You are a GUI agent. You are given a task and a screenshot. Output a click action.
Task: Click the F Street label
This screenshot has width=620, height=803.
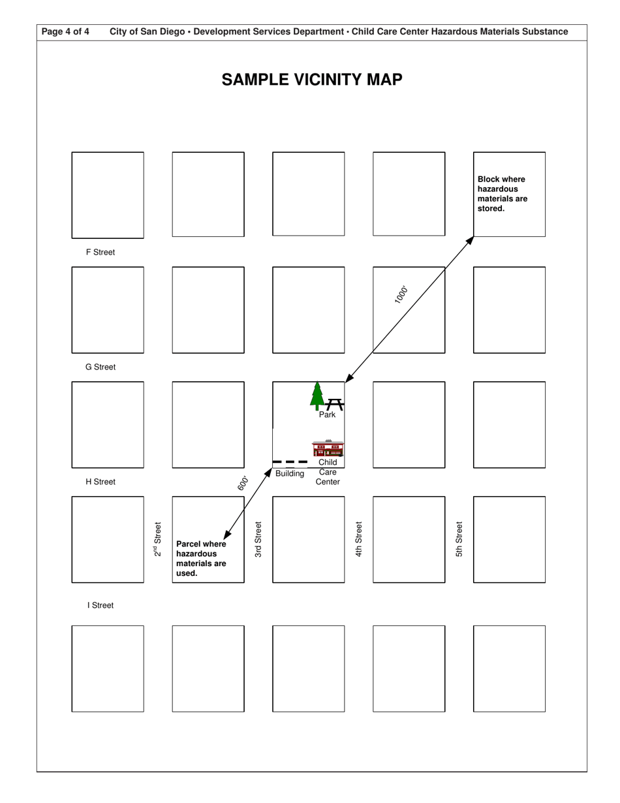coord(100,252)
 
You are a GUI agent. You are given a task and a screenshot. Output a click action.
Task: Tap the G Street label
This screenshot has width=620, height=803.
coord(101,367)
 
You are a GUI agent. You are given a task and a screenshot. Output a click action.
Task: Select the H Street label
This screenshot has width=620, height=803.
coord(101,482)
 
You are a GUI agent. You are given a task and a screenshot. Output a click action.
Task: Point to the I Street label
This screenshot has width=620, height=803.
coord(101,605)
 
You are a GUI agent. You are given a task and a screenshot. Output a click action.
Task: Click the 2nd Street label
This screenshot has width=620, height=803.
coord(157,539)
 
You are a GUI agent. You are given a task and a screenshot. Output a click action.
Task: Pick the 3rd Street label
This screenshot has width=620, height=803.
coord(258,539)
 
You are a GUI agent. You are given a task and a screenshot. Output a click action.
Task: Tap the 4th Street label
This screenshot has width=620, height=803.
coord(359,539)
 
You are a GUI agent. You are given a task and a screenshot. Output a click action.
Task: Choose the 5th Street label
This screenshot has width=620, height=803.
coord(459,539)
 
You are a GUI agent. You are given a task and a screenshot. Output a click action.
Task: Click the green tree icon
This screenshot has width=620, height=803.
coord(317,395)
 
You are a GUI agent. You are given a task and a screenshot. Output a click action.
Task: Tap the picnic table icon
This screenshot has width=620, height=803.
coord(335,404)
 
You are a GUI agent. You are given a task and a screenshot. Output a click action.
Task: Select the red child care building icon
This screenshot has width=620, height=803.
coord(328,449)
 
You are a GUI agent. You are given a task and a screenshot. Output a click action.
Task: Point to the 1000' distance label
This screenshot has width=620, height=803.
coord(401,294)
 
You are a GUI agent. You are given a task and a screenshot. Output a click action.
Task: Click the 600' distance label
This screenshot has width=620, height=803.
coord(243,483)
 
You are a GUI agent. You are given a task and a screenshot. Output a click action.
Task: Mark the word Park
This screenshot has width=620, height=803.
coord(327,415)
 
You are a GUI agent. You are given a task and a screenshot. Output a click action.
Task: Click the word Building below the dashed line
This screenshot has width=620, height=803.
coord(290,473)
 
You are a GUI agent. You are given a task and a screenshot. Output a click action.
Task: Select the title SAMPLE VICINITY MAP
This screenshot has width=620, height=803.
coord(312,80)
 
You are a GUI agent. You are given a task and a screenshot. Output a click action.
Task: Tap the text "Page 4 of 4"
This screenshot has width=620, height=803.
coord(65,31)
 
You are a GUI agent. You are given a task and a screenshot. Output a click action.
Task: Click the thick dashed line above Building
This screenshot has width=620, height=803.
coord(290,462)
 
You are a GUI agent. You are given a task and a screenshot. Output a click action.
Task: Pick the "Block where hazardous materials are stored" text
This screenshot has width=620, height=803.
coord(503,194)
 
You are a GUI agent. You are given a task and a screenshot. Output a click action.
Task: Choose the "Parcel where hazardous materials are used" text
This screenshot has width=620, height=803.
coord(202,558)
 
